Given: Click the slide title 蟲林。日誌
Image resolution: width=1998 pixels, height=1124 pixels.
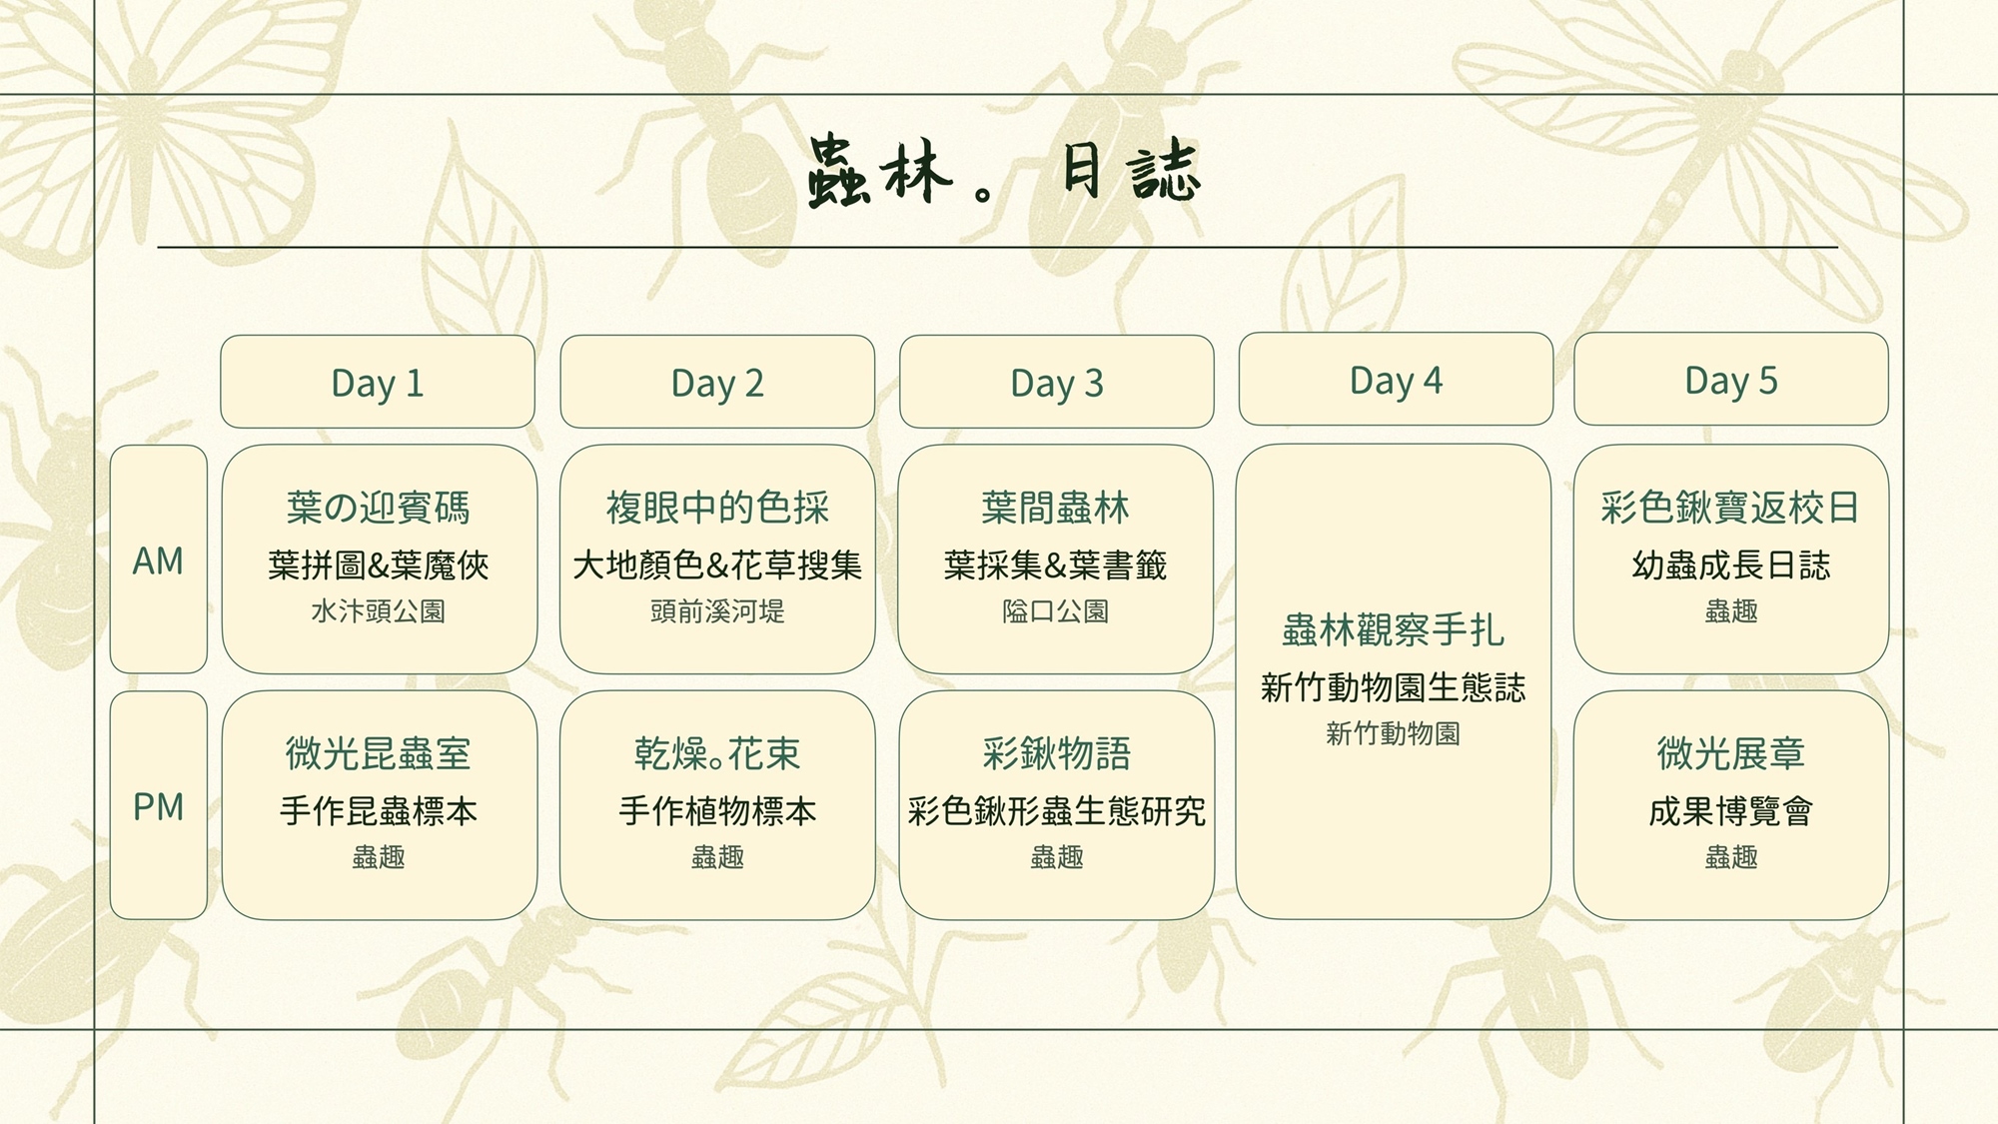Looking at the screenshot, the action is coord(1003,172).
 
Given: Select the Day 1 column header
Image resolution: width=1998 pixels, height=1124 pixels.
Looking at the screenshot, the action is coord(378,382).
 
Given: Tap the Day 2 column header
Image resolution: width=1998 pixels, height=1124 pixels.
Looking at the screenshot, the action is coord(717,382).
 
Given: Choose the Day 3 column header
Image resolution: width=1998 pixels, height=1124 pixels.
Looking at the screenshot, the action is coord(1057,382).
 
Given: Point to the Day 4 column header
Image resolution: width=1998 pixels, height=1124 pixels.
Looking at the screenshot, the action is coord(1396,379).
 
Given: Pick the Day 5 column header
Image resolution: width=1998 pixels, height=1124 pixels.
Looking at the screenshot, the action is coord(1731,379).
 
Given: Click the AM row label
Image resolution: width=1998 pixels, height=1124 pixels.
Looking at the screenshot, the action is coord(158,561).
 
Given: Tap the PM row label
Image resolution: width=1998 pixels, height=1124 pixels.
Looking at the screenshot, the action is coord(158,806).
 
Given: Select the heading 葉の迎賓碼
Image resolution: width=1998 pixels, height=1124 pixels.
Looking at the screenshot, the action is coord(378,508).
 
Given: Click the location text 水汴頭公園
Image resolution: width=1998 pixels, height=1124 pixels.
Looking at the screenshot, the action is coord(378,610).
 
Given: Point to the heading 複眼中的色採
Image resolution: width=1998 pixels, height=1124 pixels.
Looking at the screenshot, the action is coord(717,508).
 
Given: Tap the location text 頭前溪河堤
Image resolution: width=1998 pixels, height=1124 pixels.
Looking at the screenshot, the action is coord(717,610).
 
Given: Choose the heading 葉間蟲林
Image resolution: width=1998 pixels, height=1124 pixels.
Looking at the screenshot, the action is coord(1056,508).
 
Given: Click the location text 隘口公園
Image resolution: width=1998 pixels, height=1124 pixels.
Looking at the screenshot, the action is coord(1056,610).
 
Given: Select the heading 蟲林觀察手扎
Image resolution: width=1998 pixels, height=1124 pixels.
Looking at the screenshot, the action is coord(1394,630).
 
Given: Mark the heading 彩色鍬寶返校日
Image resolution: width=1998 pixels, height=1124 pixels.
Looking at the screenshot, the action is coord(1730,508).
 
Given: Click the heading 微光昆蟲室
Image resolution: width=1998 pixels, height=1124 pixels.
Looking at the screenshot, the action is coord(378,753).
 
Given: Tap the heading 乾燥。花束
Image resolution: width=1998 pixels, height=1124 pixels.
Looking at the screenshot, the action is coord(717,753).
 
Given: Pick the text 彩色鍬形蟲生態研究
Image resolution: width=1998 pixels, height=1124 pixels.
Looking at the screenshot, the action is coord(1057,810).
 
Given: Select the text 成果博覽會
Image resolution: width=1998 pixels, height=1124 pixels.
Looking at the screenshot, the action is coord(1731,810).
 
